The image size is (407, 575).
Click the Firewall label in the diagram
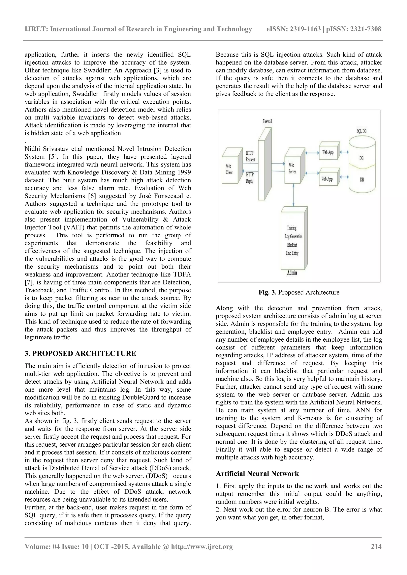[267, 121]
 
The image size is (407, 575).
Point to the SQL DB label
[361, 131]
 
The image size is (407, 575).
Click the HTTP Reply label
[250, 178]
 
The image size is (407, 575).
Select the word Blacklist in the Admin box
[292, 245]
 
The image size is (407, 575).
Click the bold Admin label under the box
[292, 273]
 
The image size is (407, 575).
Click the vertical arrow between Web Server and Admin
[293, 195]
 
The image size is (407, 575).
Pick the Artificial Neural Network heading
[257, 474]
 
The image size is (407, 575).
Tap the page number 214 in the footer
[376, 546]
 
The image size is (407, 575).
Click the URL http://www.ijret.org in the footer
[202, 546]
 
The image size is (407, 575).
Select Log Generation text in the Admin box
[293, 236]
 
